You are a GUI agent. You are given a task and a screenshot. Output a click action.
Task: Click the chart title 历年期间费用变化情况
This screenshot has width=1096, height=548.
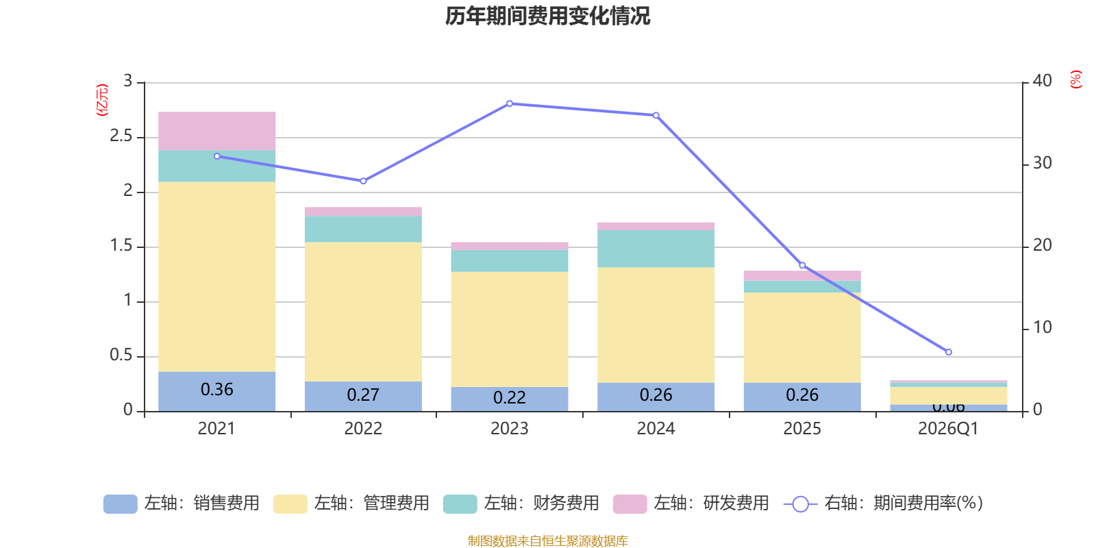pyautogui.click(x=547, y=16)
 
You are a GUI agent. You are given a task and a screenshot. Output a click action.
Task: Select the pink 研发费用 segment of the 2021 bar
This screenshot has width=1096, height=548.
pyautogui.click(x=216, y=131)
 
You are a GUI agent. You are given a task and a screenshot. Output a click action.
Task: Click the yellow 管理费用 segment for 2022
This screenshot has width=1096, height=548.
pyautogui.click(x=363, y=312)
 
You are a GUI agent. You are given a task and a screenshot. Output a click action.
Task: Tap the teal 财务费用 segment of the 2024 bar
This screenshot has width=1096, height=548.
pyautogui.click(x=656, y=249)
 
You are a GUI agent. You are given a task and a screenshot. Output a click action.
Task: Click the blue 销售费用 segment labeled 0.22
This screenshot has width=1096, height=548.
pyautogui.click(x=509, y=399)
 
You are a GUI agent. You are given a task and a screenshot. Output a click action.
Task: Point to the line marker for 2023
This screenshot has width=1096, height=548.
pyautogui.click(x=510, y=103)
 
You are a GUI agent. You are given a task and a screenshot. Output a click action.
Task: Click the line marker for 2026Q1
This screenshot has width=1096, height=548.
pyautogui.click(x=948, y=352)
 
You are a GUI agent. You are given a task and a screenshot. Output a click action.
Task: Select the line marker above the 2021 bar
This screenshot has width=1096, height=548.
pyautogui.click(x=217, y=156)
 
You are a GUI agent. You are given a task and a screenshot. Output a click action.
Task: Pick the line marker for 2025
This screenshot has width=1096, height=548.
pyautogui.click(x=802, y=265)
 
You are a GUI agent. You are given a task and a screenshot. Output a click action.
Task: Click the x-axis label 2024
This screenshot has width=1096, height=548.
pyautogui.click(x=656, y=429)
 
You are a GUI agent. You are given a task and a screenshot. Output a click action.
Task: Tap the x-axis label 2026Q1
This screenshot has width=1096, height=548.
pyautogui.click(x=948, y=429)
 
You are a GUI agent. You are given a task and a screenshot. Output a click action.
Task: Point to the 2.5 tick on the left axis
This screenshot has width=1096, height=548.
pyautogui.click(x=122, y=136)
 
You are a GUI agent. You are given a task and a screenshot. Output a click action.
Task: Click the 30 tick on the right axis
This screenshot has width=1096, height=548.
pyautogui.click(x=1042, y=163)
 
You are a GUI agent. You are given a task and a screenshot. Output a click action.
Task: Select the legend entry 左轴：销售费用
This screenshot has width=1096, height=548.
pyautogui.click(x=182, y=503)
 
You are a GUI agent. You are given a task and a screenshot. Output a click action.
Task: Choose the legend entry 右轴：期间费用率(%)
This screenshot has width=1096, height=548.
pyautogui.click(x=884, y=503)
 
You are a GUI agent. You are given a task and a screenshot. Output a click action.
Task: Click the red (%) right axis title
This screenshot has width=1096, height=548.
pyautogui.click(x=1075, y=79)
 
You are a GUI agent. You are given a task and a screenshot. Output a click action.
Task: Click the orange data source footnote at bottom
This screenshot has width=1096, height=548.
pyautogui.click(x=547, y=541)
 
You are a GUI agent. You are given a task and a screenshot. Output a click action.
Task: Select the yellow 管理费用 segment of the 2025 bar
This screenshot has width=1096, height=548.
pyautogui.click(x=802, y=338)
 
